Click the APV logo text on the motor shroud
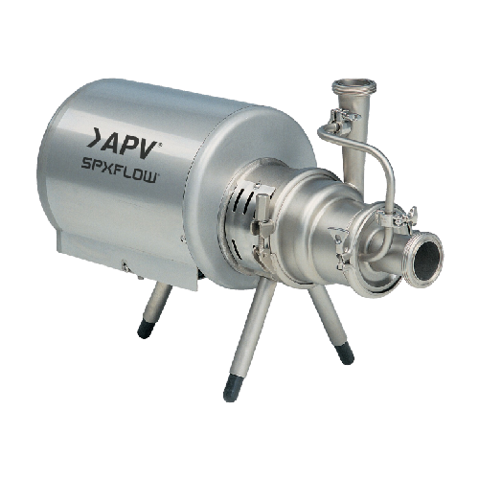click(x=124, y=143)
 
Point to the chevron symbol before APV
click(x=94, y=138)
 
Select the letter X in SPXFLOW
click(x=111, y=169)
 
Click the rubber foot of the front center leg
click(x=233, y=389)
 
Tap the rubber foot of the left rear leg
click(x=146, y=329)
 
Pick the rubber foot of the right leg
click(x=345, y=353)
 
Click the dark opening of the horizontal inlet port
click(x=428, y=259)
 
